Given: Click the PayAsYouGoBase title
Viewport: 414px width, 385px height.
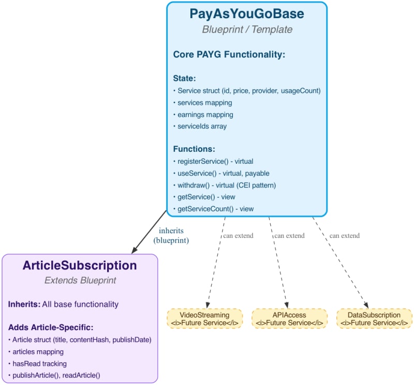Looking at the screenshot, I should point(247,13).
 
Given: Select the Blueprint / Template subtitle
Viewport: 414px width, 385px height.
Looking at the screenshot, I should point(247,30).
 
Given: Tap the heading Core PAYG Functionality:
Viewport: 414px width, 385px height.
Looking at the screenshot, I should point(229,54).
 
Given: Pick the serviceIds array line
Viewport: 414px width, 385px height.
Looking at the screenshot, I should point(201,126).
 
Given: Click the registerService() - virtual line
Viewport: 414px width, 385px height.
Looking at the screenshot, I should point(213,161).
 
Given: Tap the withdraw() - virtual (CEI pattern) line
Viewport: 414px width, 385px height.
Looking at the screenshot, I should point(226,185).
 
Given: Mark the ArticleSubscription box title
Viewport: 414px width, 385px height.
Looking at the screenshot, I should point(80,266).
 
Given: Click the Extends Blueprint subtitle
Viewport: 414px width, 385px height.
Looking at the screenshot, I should point(80,280).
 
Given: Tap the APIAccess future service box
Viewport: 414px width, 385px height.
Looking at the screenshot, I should point(290,319).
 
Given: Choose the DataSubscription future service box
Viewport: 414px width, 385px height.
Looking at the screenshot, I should point(374,319).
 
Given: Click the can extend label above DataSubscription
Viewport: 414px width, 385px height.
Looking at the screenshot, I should point(344,236).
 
